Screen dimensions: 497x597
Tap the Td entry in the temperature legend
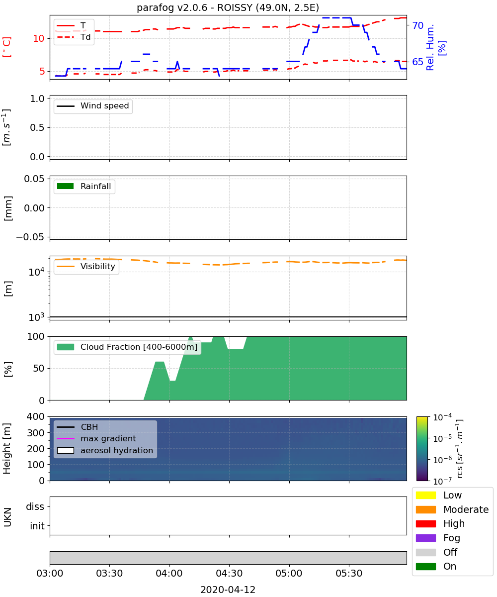(x=74, y=37)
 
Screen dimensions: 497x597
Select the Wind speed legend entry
(x=93, y=106)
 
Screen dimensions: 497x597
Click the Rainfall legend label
(x=96, y=186)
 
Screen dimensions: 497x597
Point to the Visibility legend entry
(x=85, y=266)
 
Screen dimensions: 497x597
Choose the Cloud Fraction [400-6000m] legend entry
(x=127, y=347)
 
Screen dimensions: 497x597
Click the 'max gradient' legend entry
(x=96, y=438)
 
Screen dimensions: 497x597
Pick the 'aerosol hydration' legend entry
(x=105, y=450)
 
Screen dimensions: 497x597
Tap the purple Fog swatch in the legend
(x=425, y=538)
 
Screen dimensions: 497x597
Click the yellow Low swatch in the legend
(x=425, y=495)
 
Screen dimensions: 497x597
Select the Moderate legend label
(x=466, y=509)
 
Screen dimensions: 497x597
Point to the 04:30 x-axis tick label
(x=229, y=573)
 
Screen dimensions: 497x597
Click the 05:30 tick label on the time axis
(x=349, y=573)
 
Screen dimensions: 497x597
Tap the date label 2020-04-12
(x=228, y=590)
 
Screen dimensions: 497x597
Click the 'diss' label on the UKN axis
(x=35, y=506)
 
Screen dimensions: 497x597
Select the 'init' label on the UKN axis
(x=37, y=526)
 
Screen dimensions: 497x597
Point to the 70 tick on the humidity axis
(x=417, y=25)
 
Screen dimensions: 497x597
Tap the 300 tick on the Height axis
(x=35, y=433)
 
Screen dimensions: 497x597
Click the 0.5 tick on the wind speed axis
(x=37, y=127)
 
